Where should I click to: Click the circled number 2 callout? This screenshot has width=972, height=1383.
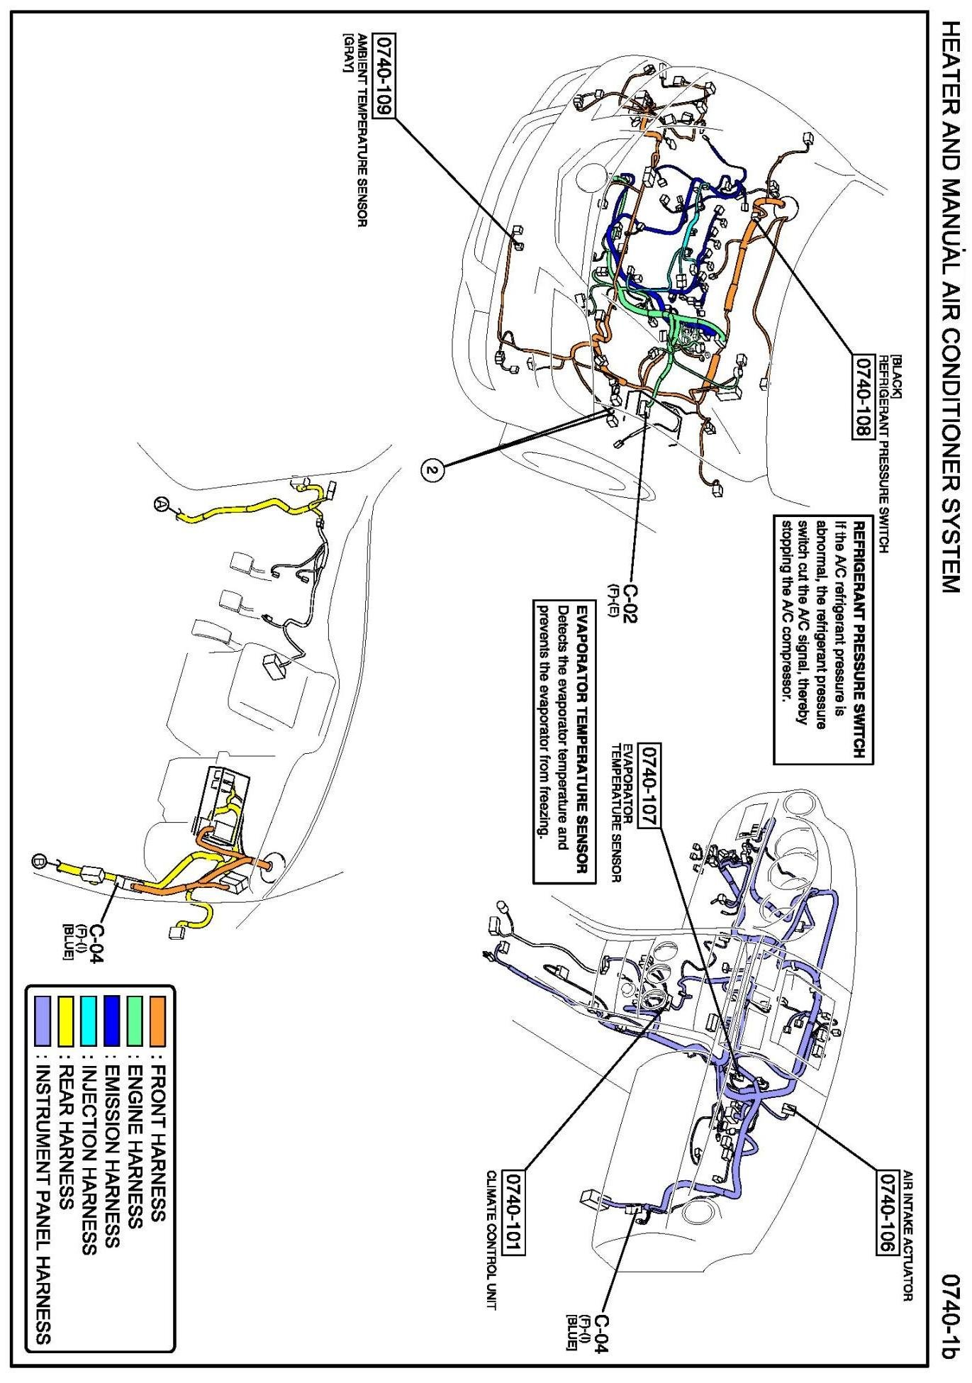pyautogui.click(x=433, y=470)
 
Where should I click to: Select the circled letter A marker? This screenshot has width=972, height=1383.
pyautogui.click(x=162, y=504)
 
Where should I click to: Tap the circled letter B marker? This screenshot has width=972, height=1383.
pyautogui.click(x=40, y=862)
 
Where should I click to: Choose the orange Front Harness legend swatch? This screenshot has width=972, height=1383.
pyautogui.click(x=157, y=1021)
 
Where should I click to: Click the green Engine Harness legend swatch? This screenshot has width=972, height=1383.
pyautogui.click(x=134, y=1021)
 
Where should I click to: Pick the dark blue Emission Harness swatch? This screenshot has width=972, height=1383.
pyautogui.click(x=111, y=1021)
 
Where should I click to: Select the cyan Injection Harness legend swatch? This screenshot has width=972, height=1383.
pyautogui.click(x=89, y=1021)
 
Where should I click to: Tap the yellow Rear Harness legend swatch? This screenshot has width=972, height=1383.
pyautogui.click(x=66, y=1021)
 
